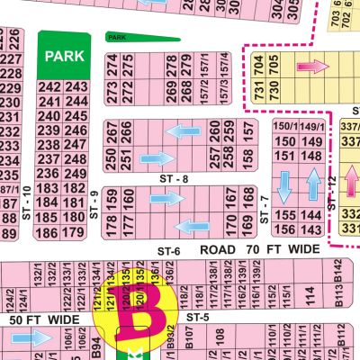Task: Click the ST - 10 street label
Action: (27, 200)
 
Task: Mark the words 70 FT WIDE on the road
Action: (279, 247)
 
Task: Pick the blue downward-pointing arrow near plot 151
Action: (285, 185)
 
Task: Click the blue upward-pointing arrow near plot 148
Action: (313, 185)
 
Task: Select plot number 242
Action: (50, 86)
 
